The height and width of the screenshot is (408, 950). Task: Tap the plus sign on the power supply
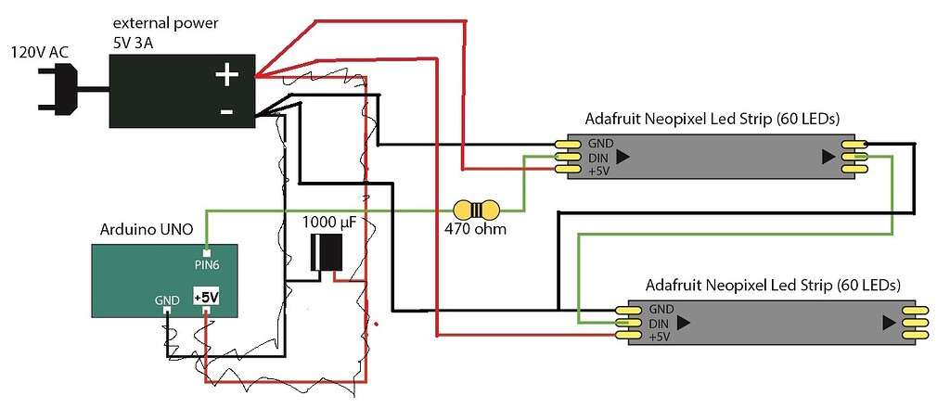pos(226,75)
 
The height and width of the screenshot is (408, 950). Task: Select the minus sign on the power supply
pos(225,111)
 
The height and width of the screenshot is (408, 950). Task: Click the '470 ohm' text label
pos(475,228)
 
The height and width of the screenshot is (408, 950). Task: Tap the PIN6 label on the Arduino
pos(209,264)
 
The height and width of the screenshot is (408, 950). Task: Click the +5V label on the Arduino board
pos(206,297)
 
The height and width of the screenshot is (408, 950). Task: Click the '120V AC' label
pos(39,52)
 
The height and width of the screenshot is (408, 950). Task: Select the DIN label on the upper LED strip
pos(599,158)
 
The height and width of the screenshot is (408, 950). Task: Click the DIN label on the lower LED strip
pos(660,322)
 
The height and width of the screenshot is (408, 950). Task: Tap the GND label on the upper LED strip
pos(601,144)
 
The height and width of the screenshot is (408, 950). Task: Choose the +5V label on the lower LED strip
pos(660,336)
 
